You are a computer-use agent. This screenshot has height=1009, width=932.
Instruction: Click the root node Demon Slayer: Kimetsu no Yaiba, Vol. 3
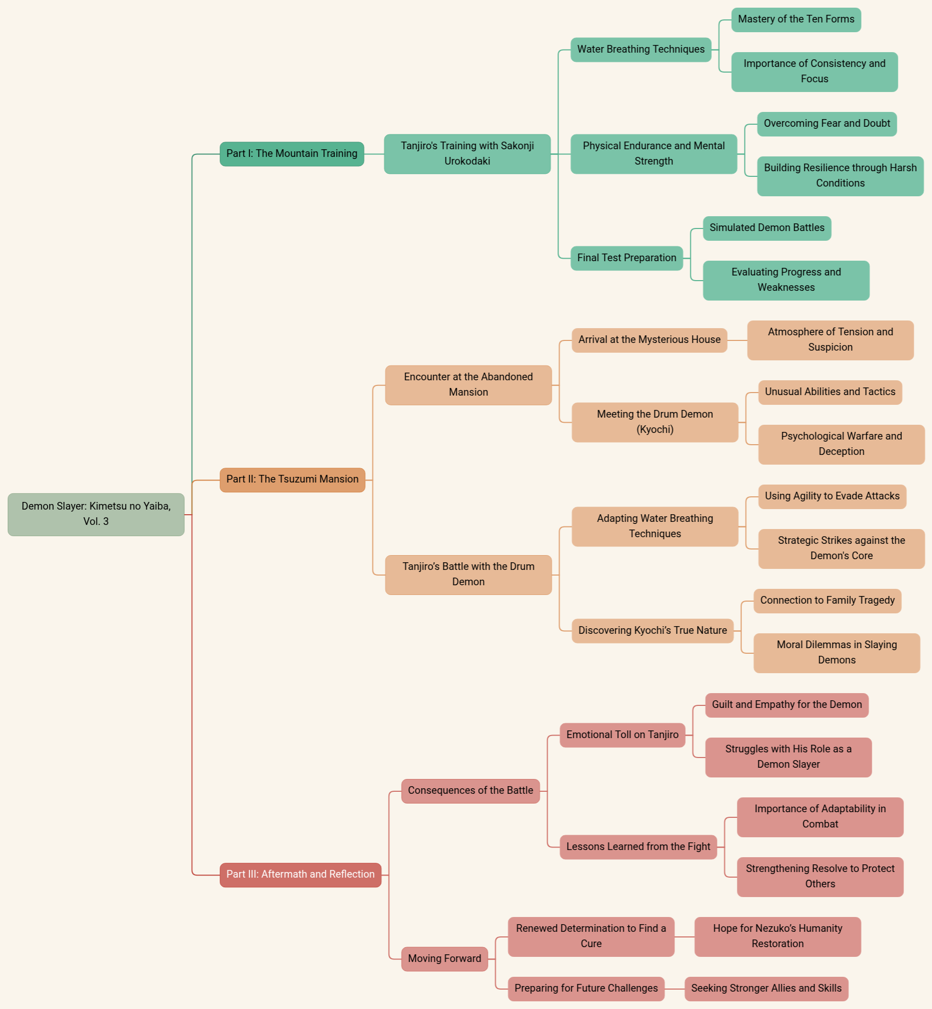point(96,514)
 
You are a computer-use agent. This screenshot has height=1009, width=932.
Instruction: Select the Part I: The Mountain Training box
point(292,154)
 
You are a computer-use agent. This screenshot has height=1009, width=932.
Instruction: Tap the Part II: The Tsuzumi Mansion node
point(292,479)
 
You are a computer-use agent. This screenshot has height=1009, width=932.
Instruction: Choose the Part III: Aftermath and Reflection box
point(300,875)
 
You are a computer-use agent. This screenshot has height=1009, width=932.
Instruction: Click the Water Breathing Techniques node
point(641,50)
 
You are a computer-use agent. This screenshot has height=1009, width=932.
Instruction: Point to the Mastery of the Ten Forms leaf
point(796,19)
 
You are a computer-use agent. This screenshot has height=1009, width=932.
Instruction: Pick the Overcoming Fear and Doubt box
point(827,124)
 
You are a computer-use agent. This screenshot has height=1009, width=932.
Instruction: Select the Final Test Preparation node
point(626,258)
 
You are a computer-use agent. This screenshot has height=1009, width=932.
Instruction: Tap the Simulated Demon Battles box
point(767,228)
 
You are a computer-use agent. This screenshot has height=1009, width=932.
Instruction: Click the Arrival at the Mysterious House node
point(649,340)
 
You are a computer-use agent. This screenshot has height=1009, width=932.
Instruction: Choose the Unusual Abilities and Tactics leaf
point(830,392)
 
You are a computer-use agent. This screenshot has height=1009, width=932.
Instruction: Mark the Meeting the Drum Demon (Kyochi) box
point(655,422)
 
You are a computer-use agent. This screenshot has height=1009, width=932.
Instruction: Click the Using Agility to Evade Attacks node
point(832,496)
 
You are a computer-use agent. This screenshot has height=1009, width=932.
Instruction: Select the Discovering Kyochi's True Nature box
point(653,631)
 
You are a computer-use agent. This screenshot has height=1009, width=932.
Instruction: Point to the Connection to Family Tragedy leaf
point(827,601)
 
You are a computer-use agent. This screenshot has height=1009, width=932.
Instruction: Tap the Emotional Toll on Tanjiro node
point(622,735)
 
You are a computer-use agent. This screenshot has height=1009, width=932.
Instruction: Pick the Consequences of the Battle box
point(470,791)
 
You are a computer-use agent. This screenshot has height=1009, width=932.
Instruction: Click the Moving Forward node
point(445,959)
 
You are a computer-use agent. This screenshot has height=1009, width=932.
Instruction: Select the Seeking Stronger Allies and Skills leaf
point(766,989)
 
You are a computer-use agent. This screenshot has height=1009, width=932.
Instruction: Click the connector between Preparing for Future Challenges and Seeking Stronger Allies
point(674,989)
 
